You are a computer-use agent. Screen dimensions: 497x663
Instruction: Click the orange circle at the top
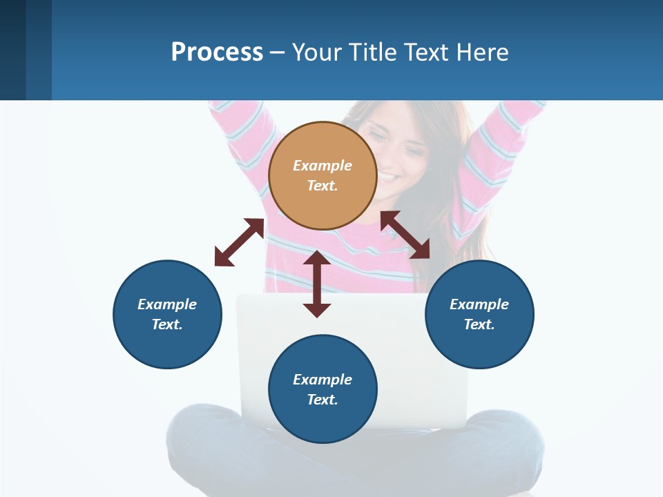coord(322,175)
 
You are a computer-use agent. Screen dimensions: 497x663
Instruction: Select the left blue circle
coord(167,314)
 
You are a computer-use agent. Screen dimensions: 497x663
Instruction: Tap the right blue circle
coord(479,314)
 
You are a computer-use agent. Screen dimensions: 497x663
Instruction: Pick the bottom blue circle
coord(323,389)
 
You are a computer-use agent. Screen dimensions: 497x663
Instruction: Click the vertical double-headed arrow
coord(317,284)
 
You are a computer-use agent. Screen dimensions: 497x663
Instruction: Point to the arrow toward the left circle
coord(239,242)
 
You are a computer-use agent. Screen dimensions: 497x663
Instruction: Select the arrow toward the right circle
coord(405,235)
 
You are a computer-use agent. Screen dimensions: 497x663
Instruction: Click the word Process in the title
coord(217,52)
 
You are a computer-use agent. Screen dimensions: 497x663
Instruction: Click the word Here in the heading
coord(483,52)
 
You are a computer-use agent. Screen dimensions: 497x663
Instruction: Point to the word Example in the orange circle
coord(322,166)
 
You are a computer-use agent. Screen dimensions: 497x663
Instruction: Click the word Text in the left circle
coord(167,324)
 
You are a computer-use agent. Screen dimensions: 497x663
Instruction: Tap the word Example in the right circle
coord(479,304)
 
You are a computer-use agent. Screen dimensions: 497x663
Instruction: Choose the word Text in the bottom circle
coord(322,400)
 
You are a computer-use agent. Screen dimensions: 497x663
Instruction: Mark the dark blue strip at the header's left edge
coord(13,50)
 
